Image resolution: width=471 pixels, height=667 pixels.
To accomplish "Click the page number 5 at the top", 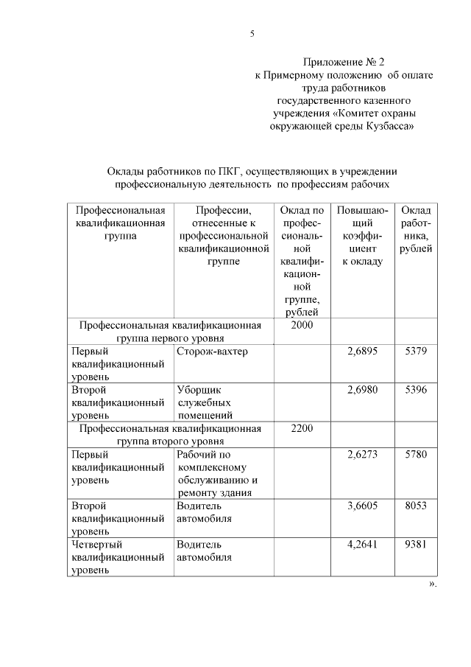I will point(252,34).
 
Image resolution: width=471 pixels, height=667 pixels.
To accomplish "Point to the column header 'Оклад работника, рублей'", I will point(416,229).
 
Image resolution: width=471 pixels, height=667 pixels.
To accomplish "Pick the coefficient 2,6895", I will point(362,352).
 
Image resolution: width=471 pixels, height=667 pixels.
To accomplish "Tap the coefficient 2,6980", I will point(362,389).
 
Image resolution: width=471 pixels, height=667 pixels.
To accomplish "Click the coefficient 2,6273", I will point(362,455).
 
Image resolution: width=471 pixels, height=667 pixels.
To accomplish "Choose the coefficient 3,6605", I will point(362,506).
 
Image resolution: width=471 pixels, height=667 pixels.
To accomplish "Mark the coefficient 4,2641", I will point(362,545).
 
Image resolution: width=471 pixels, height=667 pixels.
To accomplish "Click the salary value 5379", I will point(416,352).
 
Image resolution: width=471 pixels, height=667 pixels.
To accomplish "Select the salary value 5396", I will point(416,389).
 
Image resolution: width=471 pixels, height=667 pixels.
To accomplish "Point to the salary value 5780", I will point(416,455).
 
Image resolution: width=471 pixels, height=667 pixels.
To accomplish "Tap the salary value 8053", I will point(416,506).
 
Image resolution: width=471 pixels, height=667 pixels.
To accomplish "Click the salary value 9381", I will point(416,545).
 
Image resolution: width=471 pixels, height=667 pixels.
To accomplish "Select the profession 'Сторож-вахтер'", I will point(212,352).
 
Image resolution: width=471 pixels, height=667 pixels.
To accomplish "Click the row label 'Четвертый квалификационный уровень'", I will point(118,556).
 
